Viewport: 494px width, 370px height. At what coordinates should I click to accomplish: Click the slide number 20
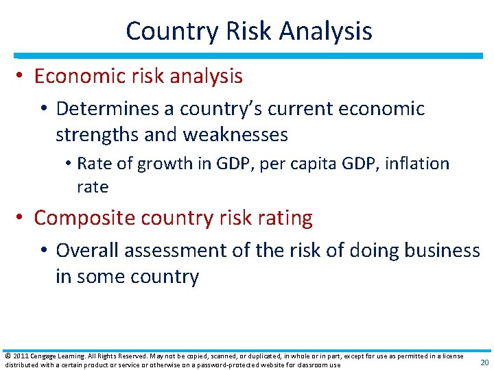click(484, 361)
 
